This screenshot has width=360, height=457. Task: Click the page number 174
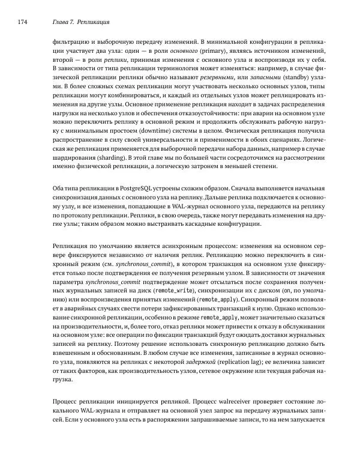click(25, 23)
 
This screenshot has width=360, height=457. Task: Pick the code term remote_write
click(174, 291)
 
